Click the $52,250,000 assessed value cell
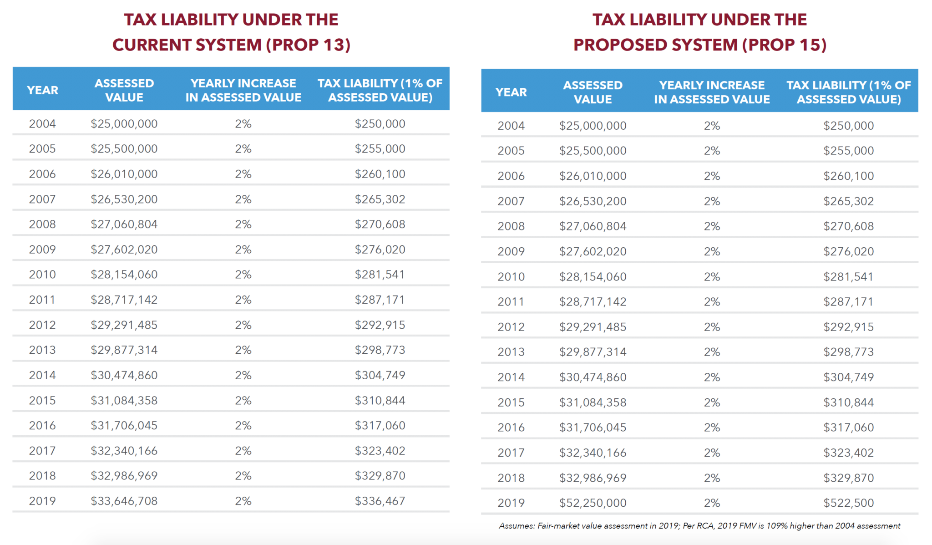(x=593, y=503)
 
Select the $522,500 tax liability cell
(x=848, y=503)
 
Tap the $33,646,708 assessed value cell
(x=124, y=501)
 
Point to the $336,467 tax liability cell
(x=380, y=501)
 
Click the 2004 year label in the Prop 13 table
(x=42, y=124)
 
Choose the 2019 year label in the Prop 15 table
(x=511, y=503)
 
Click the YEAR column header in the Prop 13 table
(x=42, y=90)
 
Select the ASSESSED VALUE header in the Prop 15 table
(x=593, y=92)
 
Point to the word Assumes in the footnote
(x=516, y=526)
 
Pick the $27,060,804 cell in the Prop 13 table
(x=124, y=224)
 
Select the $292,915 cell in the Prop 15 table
(x=848, y=326)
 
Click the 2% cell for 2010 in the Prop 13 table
(x=243, y=275)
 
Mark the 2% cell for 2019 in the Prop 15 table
(x=712, y=503)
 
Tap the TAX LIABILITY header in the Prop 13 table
(x=380, y=90)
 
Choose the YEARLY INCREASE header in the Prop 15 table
(x=712, y=92)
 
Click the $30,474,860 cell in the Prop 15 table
(x=593, y=377)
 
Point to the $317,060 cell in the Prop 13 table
(x=380, y=425)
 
